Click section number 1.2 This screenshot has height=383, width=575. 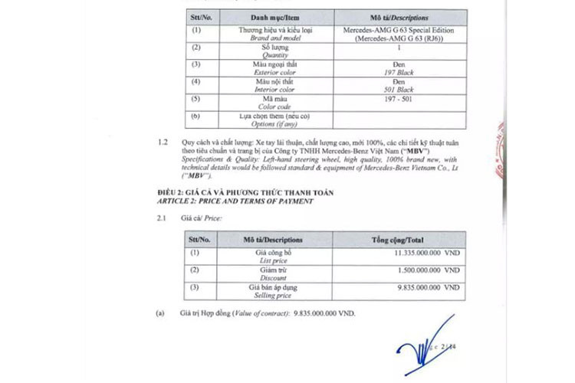pyautogui.click(x=162, y=143)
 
